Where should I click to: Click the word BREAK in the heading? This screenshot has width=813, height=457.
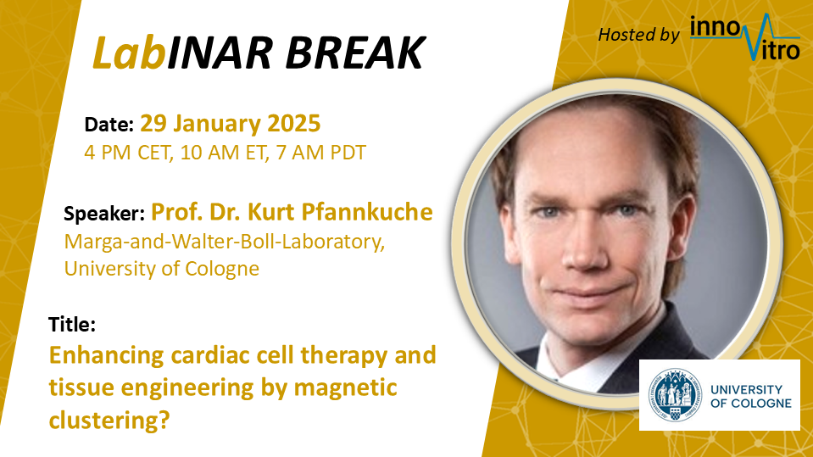click(x=355, y=53)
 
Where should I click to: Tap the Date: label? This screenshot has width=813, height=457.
click(x=109, y=125)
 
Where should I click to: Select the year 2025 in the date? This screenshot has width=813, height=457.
click(x=293, y=124)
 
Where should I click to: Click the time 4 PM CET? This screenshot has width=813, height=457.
click(x=128, y=153)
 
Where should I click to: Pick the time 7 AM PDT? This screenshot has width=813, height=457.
click(x=321, y=153)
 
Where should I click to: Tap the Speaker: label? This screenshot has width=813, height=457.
click(x=103, y=214)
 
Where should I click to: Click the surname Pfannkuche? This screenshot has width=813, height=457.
click(x=367, y=212)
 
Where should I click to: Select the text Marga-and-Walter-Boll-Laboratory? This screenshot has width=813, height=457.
click(x=224, y=242)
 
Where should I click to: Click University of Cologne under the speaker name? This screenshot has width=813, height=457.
click(x=161, y=269)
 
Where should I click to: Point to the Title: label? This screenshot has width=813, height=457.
click(x=72, y=324)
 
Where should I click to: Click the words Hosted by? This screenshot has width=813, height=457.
click(x=638, y=35)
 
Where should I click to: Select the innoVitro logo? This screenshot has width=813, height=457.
click(x=745, y=36)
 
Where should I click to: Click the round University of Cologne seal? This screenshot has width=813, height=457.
click(x=675, y=395)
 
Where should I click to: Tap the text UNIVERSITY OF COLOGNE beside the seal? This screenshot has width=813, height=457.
click(x=751, y=396)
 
